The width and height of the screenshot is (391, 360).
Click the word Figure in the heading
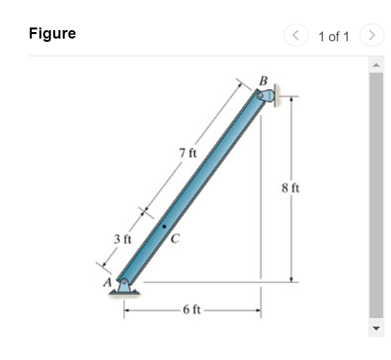pyautogui.click(x=52, y=33)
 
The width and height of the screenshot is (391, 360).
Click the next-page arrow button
pyautogui.click(x=372, y=35)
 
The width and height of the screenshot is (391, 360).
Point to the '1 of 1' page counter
pyautogui.click(x=333, y=37)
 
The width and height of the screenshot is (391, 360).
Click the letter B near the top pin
pyautogui.click(x=263, y=81)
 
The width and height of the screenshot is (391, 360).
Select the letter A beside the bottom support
pyautogui.click(x=104, y=283)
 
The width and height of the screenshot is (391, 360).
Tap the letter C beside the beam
pyautogui.click(x=175, y=238)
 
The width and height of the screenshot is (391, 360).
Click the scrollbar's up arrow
pyautogui.click(x=376, y=65)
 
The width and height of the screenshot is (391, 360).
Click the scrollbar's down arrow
pyautogui.click(x=376, y=328)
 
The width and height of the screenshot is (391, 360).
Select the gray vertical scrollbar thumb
pyautogui.click(x=376, y=196)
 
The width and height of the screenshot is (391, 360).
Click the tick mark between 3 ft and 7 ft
pyautogui.click(x=144, y=212)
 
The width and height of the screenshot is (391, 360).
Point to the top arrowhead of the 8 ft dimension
pyautogui.click(x=292, y=99)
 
